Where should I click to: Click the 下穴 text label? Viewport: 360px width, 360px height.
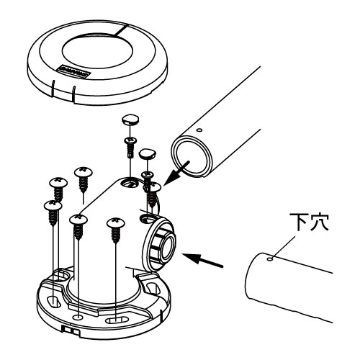(x=309, y=222)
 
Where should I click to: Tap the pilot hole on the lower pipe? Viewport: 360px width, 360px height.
(x=271, y=259)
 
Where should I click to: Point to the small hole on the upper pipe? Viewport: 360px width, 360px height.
(x=199, y=130)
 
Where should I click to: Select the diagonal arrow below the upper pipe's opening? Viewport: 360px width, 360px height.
(x=177, y=173)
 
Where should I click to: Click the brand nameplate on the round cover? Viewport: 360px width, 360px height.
(x=73, y=71)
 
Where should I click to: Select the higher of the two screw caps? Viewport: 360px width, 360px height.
(x=131, y=120)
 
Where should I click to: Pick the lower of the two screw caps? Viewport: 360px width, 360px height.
(x=147, y=153)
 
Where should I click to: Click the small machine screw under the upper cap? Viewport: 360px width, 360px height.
(x=130, y=146)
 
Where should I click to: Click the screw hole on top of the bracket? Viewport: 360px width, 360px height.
(x=130, y=184)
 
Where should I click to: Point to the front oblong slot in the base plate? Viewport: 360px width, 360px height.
(x=116, y=320)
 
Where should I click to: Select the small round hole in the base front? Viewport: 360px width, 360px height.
(x=78, y=317)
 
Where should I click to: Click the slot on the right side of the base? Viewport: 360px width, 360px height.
(x=150, y=288)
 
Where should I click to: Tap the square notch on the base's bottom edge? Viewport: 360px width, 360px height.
(x=71, y=331)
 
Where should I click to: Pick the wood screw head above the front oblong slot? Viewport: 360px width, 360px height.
(x=116, y=223)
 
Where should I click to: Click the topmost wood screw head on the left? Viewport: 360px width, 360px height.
(x=84, y=173)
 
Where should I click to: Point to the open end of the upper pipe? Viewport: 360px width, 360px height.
(x=192, y=156)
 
